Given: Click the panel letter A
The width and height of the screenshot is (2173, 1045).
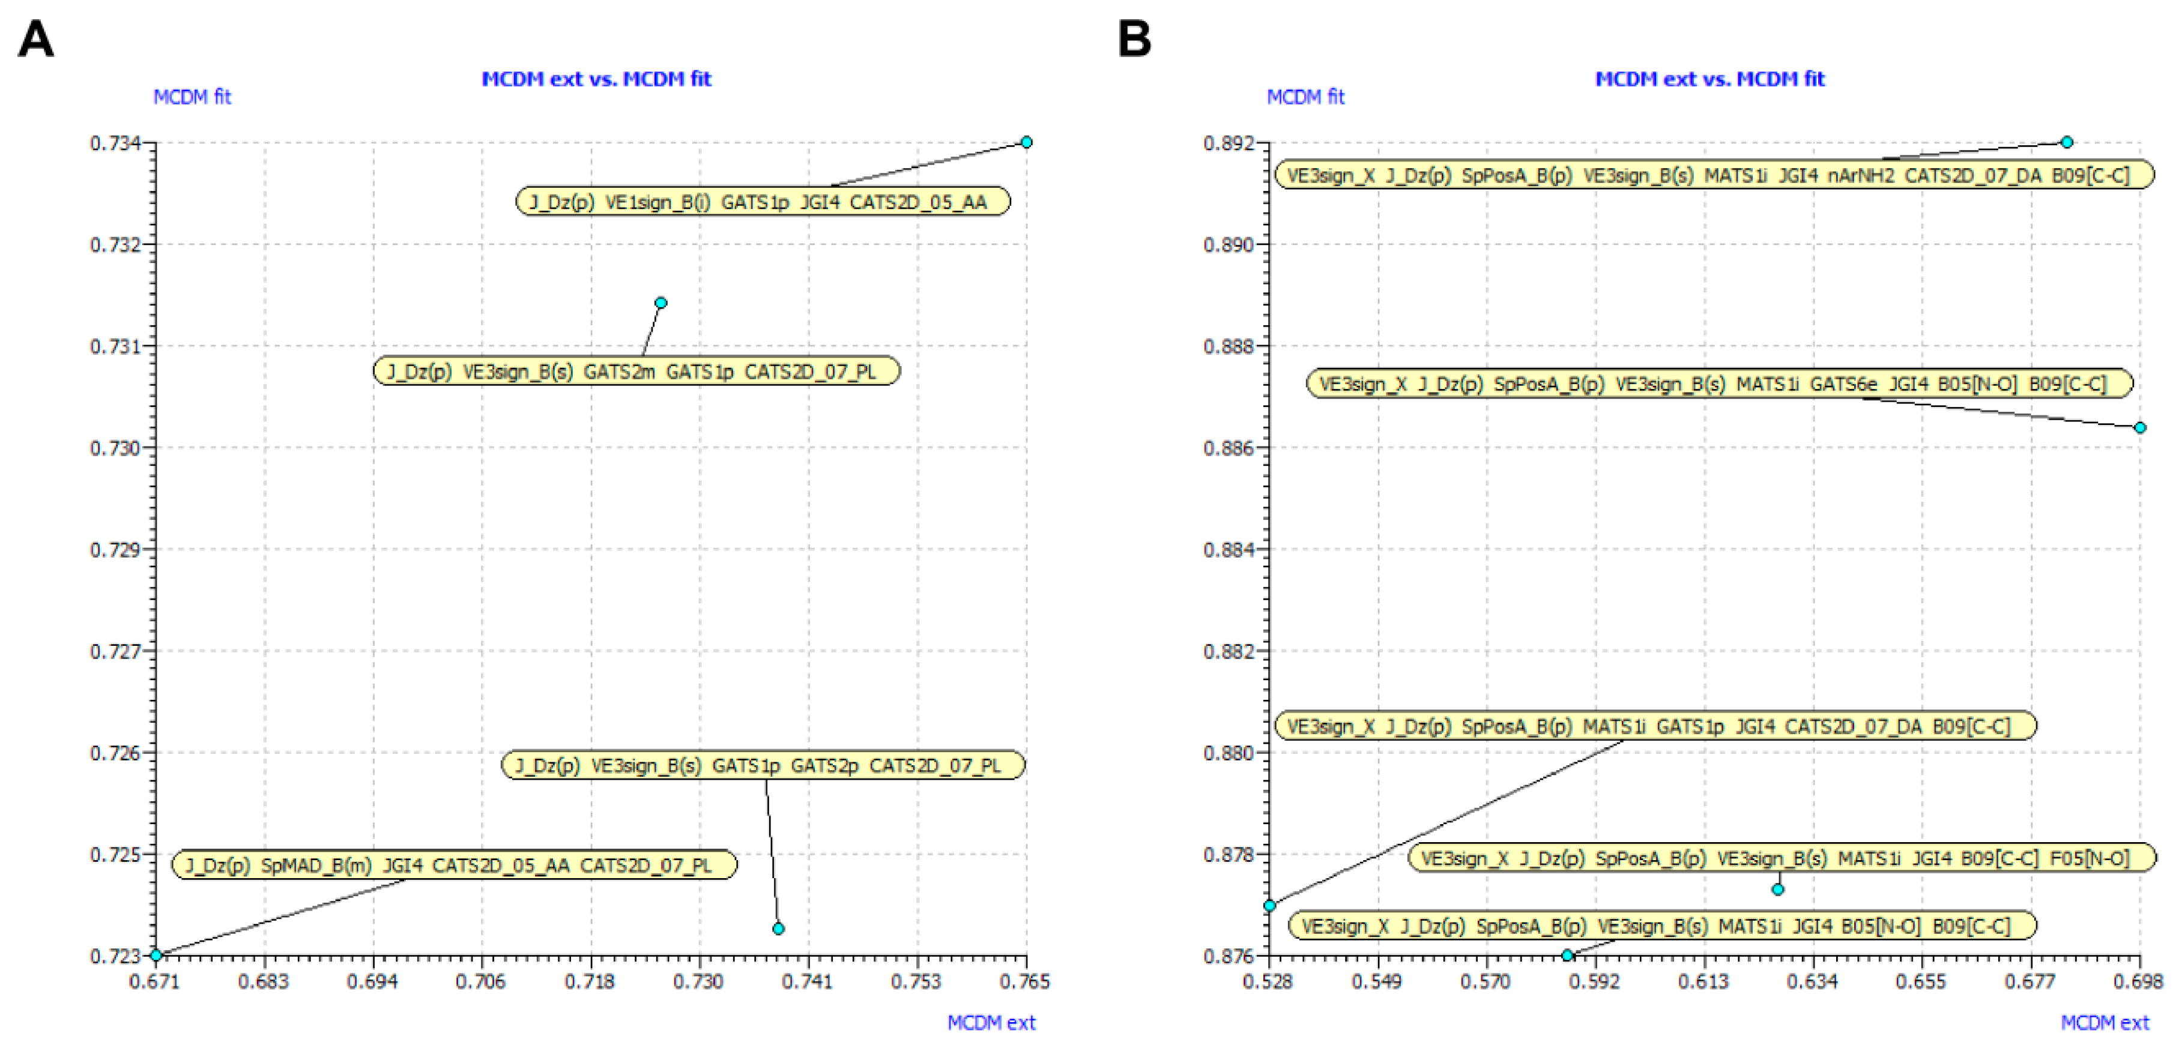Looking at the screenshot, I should (35, 40).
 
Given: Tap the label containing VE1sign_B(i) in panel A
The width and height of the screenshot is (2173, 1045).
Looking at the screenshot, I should (762, 202).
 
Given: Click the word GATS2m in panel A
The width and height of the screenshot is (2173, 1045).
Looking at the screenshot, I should (619, 372).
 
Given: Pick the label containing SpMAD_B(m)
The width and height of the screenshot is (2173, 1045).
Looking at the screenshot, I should (454, 866).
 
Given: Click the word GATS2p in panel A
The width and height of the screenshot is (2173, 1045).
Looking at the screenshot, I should (824, 766).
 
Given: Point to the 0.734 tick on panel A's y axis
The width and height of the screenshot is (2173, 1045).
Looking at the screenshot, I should (115, 143).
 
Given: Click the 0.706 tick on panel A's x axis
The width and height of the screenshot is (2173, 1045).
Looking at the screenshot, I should (481, 981).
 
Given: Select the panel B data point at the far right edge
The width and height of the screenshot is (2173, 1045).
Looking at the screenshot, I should (2139, 427).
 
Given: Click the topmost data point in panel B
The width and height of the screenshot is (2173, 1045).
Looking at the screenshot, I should (2067, 142).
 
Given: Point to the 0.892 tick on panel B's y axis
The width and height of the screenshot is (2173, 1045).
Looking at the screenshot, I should (1229, 143).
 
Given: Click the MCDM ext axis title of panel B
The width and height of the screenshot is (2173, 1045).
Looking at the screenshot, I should (2104, 1022).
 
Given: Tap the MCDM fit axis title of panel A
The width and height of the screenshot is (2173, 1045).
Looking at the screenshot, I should (192, 97).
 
